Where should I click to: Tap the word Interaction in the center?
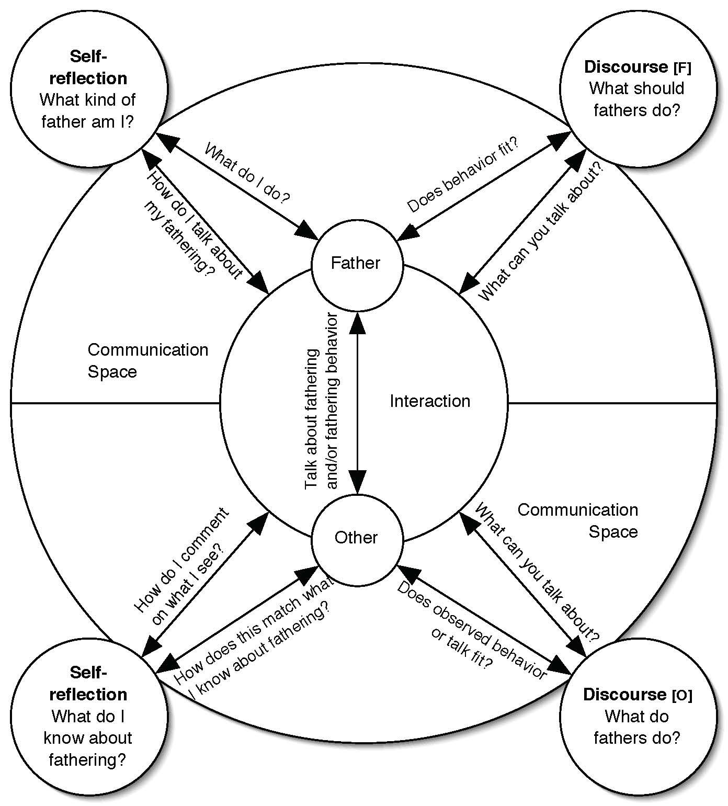[430, 401]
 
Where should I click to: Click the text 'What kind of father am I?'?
[88, 111]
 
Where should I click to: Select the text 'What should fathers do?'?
[636, 99]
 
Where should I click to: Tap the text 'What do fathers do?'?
[636, 727]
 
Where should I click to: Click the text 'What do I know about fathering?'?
[88, 738]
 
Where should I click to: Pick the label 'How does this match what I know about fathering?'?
[255, 638]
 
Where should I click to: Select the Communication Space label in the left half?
[147, 360]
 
